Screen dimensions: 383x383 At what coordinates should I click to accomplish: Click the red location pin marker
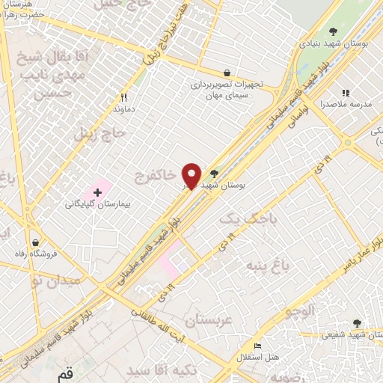pyautogui.click(x=191, y=176)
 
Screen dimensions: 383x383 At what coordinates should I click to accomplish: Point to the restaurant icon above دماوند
pyautogui.click(x=124, y=97)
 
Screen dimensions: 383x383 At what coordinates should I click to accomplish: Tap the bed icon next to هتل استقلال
pyautogui.click(x=258, y=346)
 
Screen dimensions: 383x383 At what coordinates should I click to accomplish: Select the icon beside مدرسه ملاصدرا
pyautogui.click(x=345, y=93)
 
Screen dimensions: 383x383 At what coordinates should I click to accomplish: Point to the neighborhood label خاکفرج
pyautogui.click(x=156, y=176)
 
